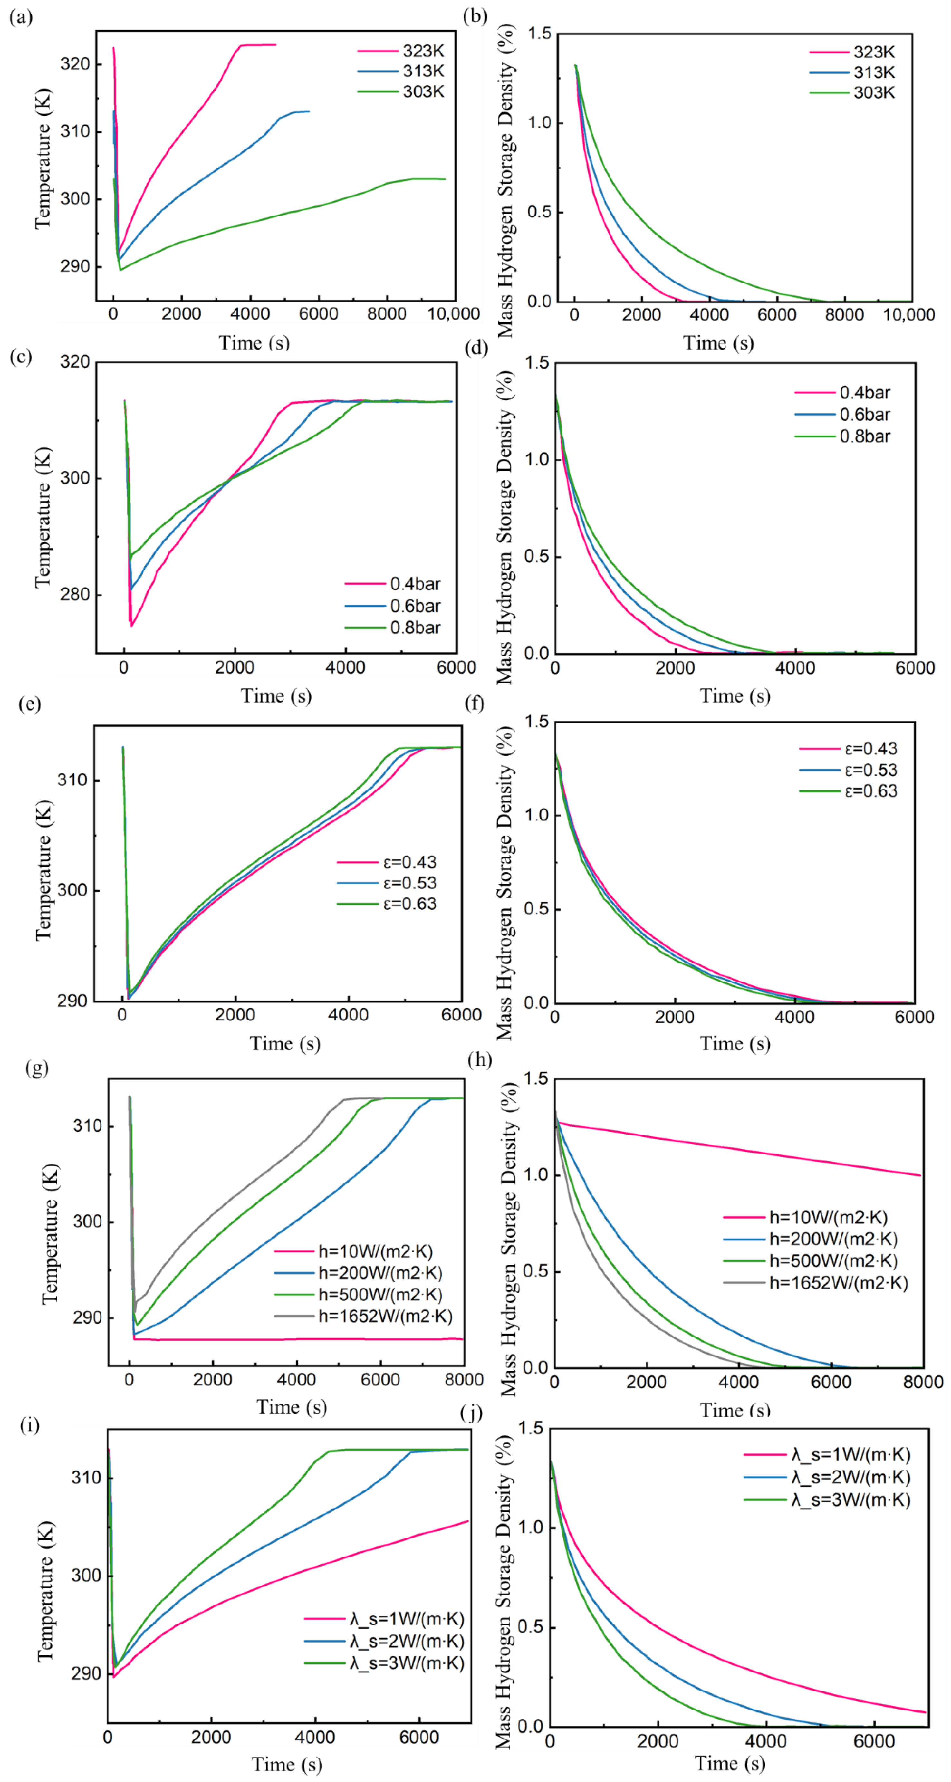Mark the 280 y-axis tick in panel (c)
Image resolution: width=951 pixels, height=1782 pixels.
pos(75,594)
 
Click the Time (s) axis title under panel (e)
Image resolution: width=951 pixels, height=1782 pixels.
pos(285,1043)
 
